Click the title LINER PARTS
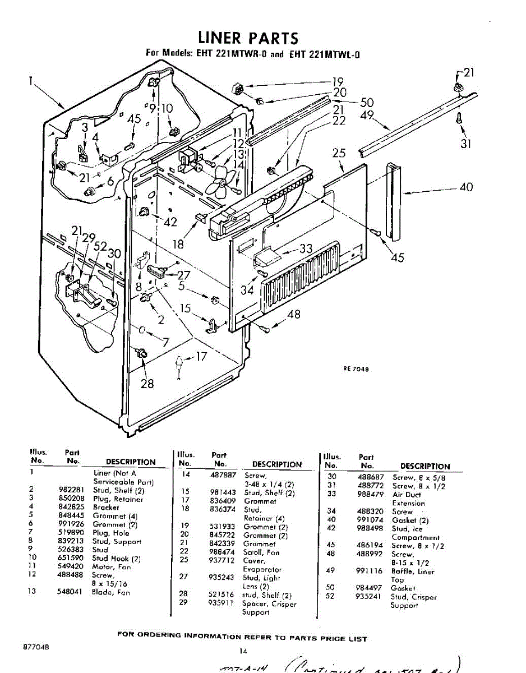point(248,38)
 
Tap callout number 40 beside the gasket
point(466,187)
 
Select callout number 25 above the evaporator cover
point(339,153)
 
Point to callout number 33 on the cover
point(306,248)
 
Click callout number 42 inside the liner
point(170,222)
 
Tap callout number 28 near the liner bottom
point(147,384)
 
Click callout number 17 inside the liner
point(201,356)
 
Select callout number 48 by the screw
point(294,315)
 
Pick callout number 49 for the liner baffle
point(367,115)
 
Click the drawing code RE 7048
point(356,368)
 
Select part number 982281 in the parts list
point(71,490)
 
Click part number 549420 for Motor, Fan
point(71,566)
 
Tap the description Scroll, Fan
point(261,552)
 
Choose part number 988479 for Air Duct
point(368,494)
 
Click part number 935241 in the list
point(368,597)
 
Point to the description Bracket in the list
point(106,507)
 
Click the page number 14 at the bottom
point(243,651)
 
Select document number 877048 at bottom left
point(36,647)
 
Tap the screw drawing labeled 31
point(459,118)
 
